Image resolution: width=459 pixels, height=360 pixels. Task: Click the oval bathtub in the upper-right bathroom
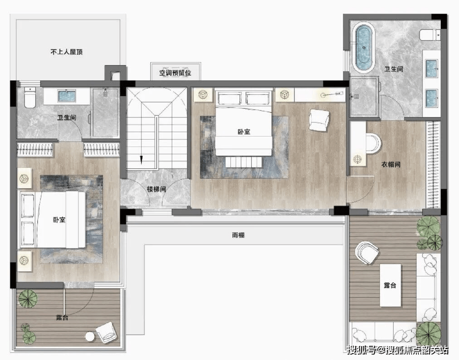click(x=363, y=48)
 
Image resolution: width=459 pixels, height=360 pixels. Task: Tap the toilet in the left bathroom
click(x=29, y=97)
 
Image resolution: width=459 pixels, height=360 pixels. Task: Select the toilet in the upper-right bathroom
click(x=430, y=35)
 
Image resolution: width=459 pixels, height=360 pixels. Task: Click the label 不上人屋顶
click(x=67, y=52)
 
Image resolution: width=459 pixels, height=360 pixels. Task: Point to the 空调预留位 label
click(x=175, y=73)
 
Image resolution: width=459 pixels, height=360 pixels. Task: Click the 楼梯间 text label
click(x=156, y=189)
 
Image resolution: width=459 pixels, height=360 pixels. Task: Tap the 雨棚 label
click(x=238, y=235)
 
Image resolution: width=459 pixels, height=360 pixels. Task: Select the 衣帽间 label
click(x=391, y=164)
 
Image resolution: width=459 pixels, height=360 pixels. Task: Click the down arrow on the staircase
click(x=141, y=160)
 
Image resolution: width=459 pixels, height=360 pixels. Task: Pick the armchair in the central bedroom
click(x=319, y=120)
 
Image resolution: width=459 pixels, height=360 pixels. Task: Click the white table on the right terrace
click(x=390, y=285)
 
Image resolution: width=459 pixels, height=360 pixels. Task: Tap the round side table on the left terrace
click(x=90, y=336)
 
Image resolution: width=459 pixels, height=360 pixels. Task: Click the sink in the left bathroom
click(x=67, y=96)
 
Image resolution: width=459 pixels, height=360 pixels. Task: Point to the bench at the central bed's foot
click(x=244, y=162)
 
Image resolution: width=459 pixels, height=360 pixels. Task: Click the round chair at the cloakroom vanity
click(x=374, y=143)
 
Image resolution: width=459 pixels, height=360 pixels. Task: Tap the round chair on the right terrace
click(x=367, y=253)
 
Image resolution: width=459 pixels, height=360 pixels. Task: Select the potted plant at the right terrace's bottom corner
click(x=428, y=334)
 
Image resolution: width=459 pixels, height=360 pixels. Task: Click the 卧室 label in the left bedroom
click(x=59, y=219)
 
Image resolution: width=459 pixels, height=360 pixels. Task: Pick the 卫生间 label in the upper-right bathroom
click(x=394, y=69)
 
